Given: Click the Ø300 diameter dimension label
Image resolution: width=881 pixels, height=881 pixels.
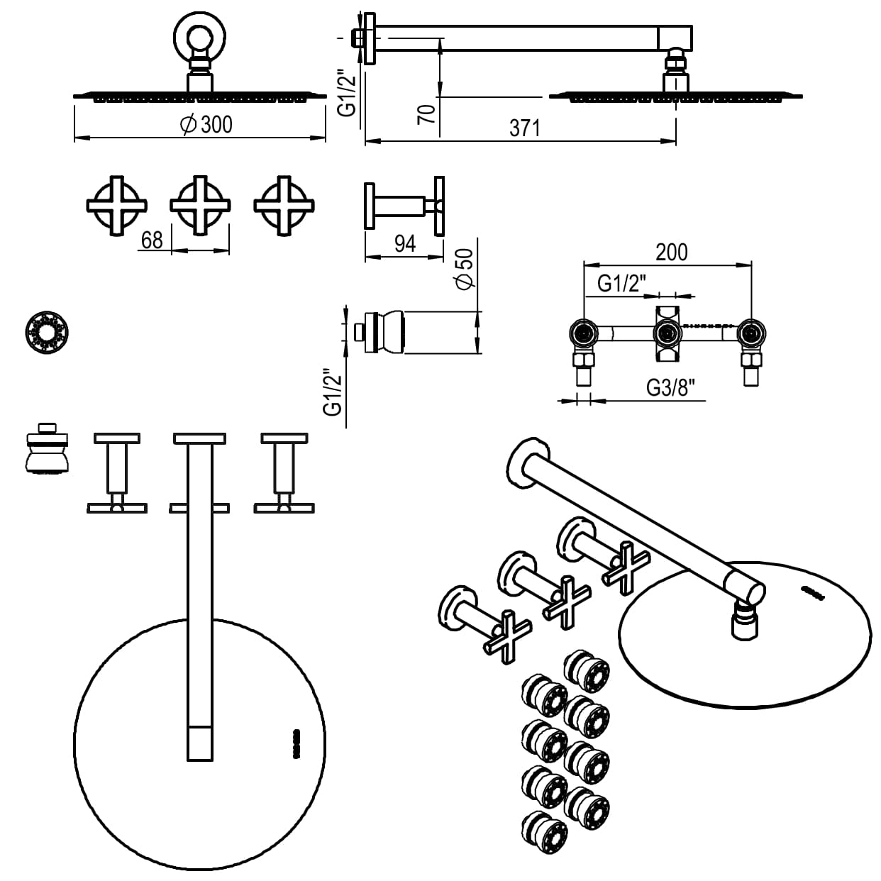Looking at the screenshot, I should pyautogui.click(x=206, y=125).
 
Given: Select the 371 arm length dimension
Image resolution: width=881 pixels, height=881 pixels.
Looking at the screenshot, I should pyautogui.click(x=525, y=128).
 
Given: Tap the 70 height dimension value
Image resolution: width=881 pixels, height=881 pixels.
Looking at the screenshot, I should pyautogui.click(x=426, y=113).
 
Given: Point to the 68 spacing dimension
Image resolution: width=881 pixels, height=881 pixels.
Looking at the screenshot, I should pyautogui.click(x=152, y=240).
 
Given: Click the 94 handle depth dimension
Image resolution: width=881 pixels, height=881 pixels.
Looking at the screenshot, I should pyautogui.click(x=404, y=243).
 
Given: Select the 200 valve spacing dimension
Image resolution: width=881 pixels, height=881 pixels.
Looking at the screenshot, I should pyautogui.click(x=671, y=252).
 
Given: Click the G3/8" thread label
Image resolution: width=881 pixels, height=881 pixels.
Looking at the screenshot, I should pyautogui.click(x=670, y=387).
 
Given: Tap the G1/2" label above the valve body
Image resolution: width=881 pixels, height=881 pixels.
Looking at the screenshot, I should pyautogui.click(x=621, y=284).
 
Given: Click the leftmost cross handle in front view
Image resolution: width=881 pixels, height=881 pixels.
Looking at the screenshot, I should pyautogui.click(x=116, y=206).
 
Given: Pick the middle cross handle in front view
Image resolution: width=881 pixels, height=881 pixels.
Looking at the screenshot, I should pyautogui.click(x=201, y=206).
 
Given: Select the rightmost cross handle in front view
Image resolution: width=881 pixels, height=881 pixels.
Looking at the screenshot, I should pyautogui.click(x=284, y=206).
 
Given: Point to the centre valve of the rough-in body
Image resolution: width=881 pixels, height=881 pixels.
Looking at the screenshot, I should pyautogui.click(x=667, y=332).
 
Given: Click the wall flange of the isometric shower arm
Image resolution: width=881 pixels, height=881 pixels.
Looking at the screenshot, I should pyautogui.click(x=528, y=462).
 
